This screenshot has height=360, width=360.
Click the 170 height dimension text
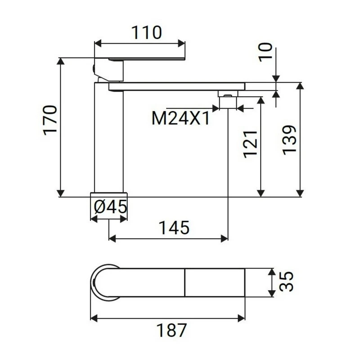tap(50, 119)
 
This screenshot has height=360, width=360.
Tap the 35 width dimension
tap(286, 282)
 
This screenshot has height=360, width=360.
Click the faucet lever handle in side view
tap(144, 58)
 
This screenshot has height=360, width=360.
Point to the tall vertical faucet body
tap(108, 139)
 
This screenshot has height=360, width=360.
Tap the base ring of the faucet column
tap(109, 194)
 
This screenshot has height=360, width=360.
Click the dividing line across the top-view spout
tap(185, 282)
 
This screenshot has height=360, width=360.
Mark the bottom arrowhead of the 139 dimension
tap(299, 193)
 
